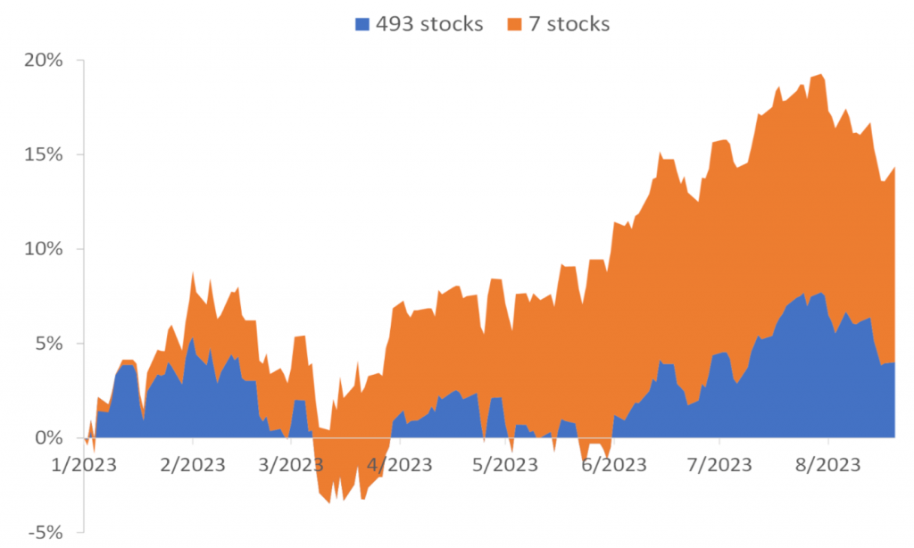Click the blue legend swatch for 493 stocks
pyautogui.click(x=361, y=24)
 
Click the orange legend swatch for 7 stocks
pyautogui.click(x=515, y=24)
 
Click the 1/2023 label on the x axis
pyautogui.click(x=87, y=465)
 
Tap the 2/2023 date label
pyautogui.click(x=192, y=465)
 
